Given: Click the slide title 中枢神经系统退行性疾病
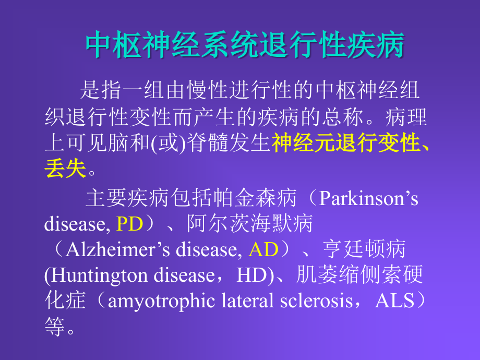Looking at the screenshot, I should click(245, 46).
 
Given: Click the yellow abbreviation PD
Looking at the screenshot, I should click(129, 224).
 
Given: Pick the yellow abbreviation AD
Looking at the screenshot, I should click(263, 250).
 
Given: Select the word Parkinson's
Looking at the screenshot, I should click(368, 199).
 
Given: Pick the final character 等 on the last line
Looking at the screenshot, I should click(54, 327).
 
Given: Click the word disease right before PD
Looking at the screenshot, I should click(77, 224).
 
